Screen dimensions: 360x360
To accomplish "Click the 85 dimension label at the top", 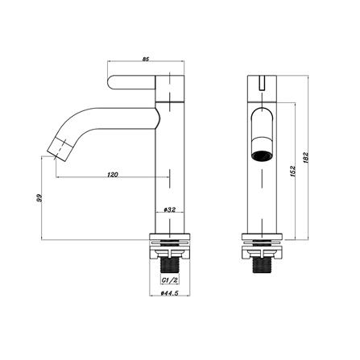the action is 145,60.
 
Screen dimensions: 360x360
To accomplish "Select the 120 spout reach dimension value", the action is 113,175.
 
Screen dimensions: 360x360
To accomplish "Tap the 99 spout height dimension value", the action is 39,198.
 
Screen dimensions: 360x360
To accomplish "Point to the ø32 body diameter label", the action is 169,210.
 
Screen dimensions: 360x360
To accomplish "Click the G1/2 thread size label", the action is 170,280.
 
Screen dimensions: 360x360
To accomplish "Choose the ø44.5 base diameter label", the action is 170,293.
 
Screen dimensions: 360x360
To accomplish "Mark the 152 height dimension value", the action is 292,171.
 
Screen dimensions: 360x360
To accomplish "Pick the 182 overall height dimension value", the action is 306,157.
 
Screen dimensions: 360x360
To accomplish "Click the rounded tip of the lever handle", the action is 109,82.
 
